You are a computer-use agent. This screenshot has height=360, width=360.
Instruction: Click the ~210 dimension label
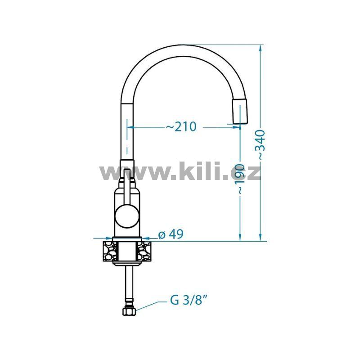pyautogui.click(x=181, y=126)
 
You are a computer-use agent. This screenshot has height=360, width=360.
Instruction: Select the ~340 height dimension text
pyautogui.click(x=261, y=145)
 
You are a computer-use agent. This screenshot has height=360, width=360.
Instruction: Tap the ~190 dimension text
pyautogui.click(x=240, y=179)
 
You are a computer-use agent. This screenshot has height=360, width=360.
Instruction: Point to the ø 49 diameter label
pyautogui.click(x=171, y=234)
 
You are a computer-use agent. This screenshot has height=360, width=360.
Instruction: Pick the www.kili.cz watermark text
pyautogui.click(x=180, y=171)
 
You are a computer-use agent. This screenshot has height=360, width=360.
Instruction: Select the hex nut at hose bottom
pyautogui.click(x=129, y=312)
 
